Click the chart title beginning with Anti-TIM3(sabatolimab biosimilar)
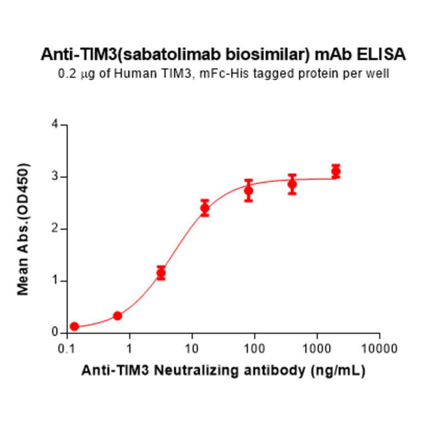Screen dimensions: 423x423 tap(223, 55)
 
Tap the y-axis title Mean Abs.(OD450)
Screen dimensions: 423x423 tap(24, 229)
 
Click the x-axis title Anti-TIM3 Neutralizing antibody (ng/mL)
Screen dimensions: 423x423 tap(223, 372)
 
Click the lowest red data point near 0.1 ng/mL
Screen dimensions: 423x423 tap(74, 327)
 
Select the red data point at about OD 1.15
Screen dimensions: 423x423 tap(161, 272)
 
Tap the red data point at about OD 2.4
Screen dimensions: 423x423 tap(205, 208)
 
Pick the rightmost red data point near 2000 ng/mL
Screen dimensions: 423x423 tap(336, 171)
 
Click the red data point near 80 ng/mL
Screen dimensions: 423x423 tap(249, 190)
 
